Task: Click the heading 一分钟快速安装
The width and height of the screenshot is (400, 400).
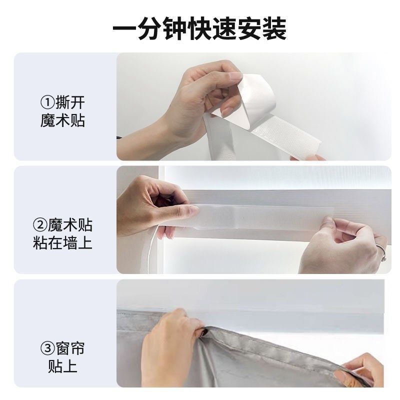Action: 199,28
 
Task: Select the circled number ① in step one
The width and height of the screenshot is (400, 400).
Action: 47,103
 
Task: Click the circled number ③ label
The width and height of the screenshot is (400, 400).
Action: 47,347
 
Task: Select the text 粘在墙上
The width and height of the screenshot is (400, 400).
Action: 63,243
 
